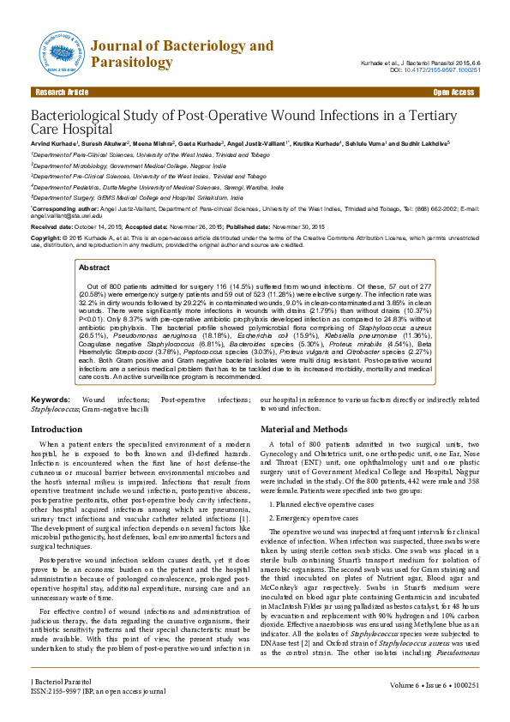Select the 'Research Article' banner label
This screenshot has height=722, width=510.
click(60, 92)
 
